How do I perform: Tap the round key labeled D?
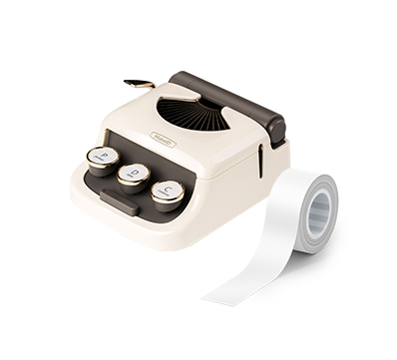click(x=133, y=175)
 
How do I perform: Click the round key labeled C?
click(x=168, y=189)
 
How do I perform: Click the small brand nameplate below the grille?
click(x=163, y=141)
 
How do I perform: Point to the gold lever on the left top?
click(x=140, y=85)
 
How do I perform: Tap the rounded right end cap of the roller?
click(x=273, y=128)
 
